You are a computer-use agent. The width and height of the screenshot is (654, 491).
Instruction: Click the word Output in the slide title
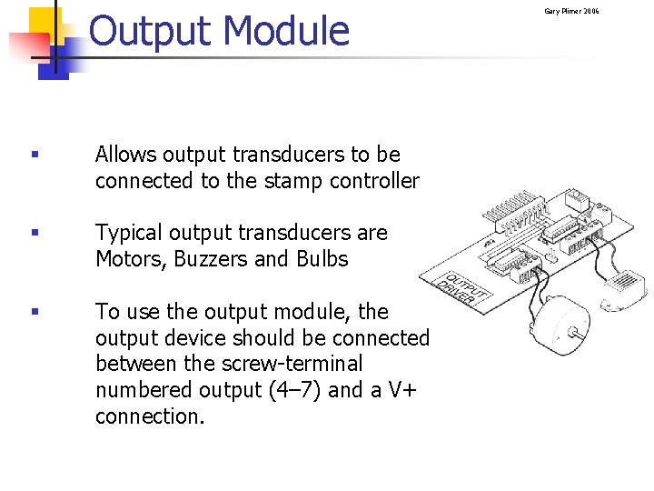tap(151, 31)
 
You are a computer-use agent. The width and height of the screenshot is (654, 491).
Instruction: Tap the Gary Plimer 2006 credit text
tap(571, 11)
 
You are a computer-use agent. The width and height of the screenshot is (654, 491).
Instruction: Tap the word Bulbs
tap(322, 259)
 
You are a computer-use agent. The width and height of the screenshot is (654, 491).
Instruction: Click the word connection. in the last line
tap(150, 416)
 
